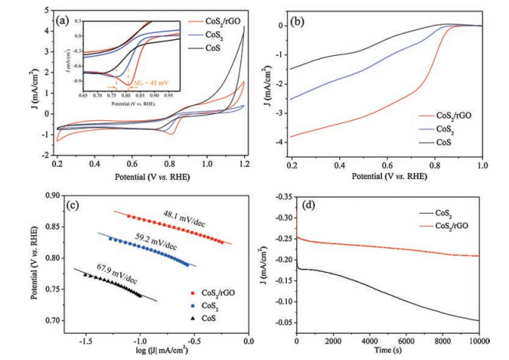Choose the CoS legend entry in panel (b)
pos(437,143)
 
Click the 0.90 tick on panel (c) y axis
pos(41,196)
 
